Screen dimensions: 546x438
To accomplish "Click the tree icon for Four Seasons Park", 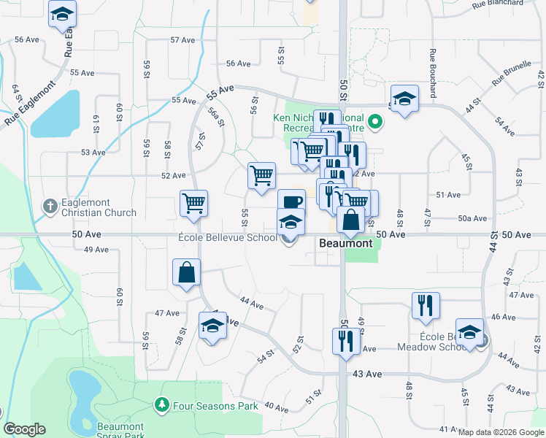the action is pyautogui.click(x=161, y=404).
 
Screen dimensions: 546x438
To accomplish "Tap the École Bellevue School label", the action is pyautogui.click(x=226, y=238).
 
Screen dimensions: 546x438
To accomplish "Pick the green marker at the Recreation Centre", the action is pyautogui.click(x=376, y=121).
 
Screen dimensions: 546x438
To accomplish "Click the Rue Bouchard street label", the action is pyautogui.click(x=433, y=73).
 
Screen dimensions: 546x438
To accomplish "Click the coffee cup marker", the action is pyautogui.click(x=291, y=202).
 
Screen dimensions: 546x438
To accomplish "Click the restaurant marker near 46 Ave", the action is pyautogui.click(x=426, y=304).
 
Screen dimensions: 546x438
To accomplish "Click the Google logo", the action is pyautogui.click(x=24, y=429).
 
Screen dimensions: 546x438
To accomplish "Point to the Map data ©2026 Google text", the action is pyautogui.click(x=501, y=432).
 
